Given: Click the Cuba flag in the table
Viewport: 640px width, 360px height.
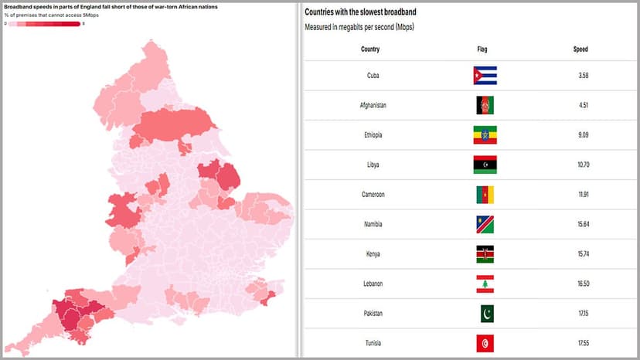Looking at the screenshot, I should tap(485, 75).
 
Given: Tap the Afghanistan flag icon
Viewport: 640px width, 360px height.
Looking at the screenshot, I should tap(485, 105).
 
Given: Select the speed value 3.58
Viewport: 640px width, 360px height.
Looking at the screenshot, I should tap(583, 75).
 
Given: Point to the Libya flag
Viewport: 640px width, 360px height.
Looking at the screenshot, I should tap(485, 165).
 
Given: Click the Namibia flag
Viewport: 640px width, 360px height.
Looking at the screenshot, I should tap(485, 224).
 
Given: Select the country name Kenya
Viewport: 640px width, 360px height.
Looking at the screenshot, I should tap(373, 253).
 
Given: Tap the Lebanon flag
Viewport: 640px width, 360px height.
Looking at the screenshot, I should tap(485, 284).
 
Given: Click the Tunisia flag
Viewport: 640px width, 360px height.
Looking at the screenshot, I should tap(485, 343).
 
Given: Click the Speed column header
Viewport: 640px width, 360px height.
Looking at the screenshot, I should tap(580, 49).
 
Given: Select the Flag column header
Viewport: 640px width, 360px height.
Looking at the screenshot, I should tap(482, 49).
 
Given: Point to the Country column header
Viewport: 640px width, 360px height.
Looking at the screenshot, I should tap(370, 49).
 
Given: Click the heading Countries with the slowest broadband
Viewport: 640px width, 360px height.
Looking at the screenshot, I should tap(373, 12).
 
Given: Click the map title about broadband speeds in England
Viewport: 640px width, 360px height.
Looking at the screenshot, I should tap(111, 6).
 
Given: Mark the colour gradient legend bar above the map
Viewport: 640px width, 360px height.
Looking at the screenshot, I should tap(43, 24).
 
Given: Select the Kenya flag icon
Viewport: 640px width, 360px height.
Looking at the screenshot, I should tap(485, 253).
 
